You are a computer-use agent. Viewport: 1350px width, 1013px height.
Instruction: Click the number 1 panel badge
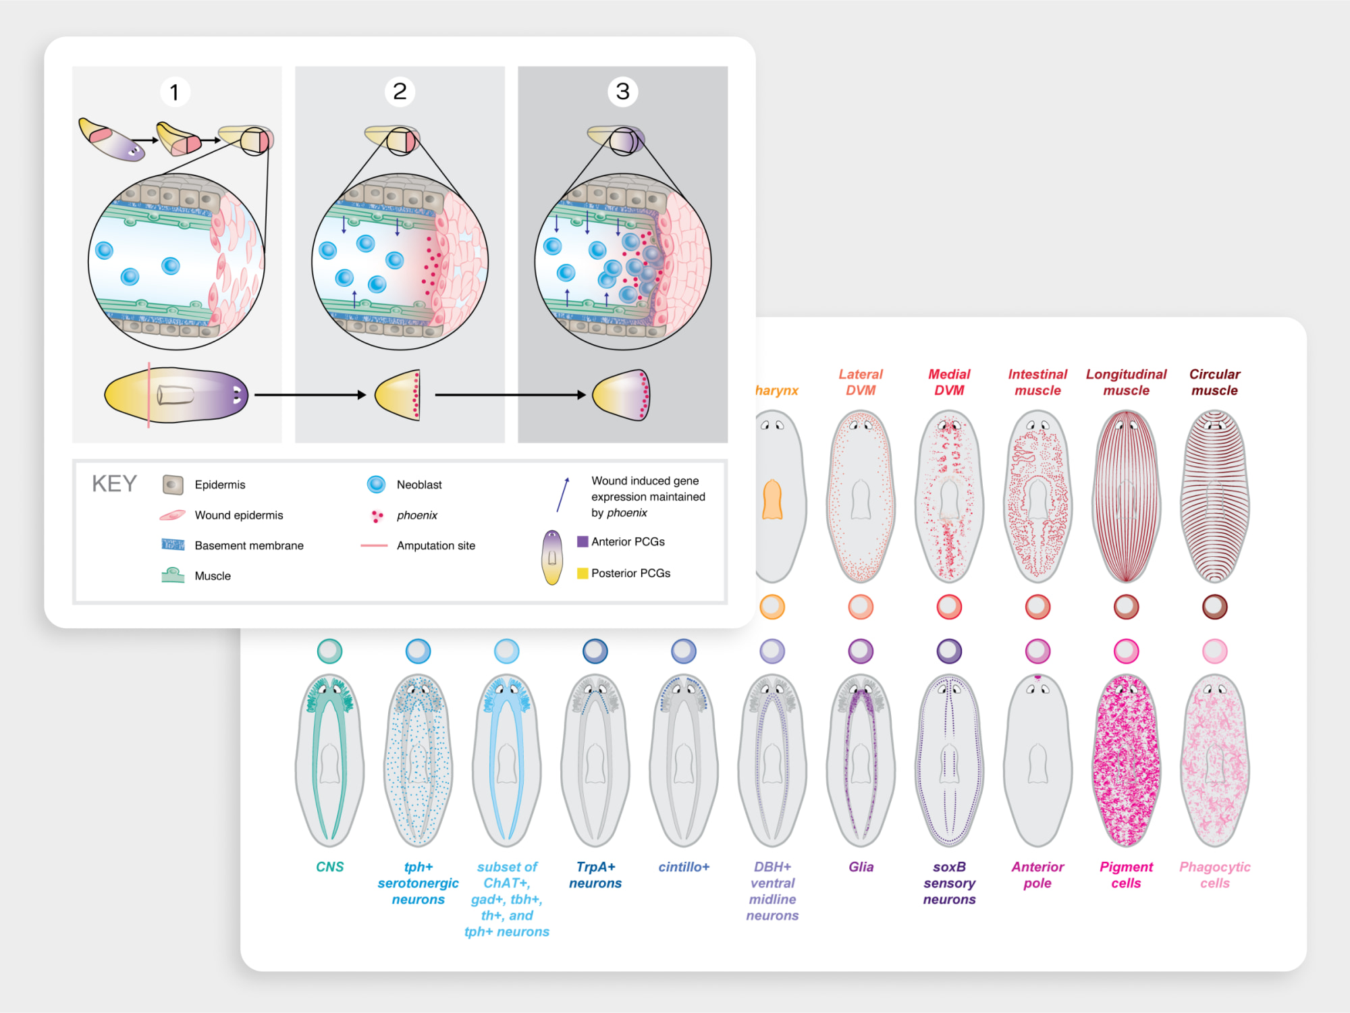(x=175, y=92)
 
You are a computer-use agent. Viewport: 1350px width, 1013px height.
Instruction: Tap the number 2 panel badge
(x=400, y=91)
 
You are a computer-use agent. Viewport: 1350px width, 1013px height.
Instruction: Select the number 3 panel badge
(x=622, y=91)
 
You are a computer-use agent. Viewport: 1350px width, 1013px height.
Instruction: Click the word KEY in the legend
(x=114, y=484)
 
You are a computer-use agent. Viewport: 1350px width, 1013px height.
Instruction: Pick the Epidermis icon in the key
(x=173, y=485)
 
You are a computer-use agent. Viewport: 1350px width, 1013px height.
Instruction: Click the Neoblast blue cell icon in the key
(x=376, y=485)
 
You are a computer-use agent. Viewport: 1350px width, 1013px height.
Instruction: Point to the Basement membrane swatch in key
(x=173, y=545)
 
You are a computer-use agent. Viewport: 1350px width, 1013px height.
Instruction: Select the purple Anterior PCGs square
(x=583, y=541)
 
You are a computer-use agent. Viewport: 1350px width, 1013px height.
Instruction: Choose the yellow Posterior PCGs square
(x=583, y=573)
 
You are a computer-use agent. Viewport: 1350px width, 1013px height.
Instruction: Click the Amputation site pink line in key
(x=374, y=545)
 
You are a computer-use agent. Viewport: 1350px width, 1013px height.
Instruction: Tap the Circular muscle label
(x=1214, y=382)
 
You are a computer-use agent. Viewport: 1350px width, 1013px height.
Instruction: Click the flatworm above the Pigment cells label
(x=1126, y=760)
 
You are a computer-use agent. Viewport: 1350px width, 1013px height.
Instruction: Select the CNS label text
(x=329, y=867)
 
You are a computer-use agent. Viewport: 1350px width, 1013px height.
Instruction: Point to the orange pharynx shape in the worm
(x=772, y=499)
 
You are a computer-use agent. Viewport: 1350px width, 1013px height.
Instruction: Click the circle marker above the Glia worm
(x=861, y=651)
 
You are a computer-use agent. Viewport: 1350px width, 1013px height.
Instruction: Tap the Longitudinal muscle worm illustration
(x=1126, y=497)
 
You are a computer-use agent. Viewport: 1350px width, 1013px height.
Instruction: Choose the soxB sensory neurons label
(x=949, y=883)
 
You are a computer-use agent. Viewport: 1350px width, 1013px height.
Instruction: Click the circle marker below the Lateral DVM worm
(x=861, y=607)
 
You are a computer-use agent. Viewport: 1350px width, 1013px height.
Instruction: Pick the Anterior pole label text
(x=1037, y=875)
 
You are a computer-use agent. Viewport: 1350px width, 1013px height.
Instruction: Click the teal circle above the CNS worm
(x=329, y=651)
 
